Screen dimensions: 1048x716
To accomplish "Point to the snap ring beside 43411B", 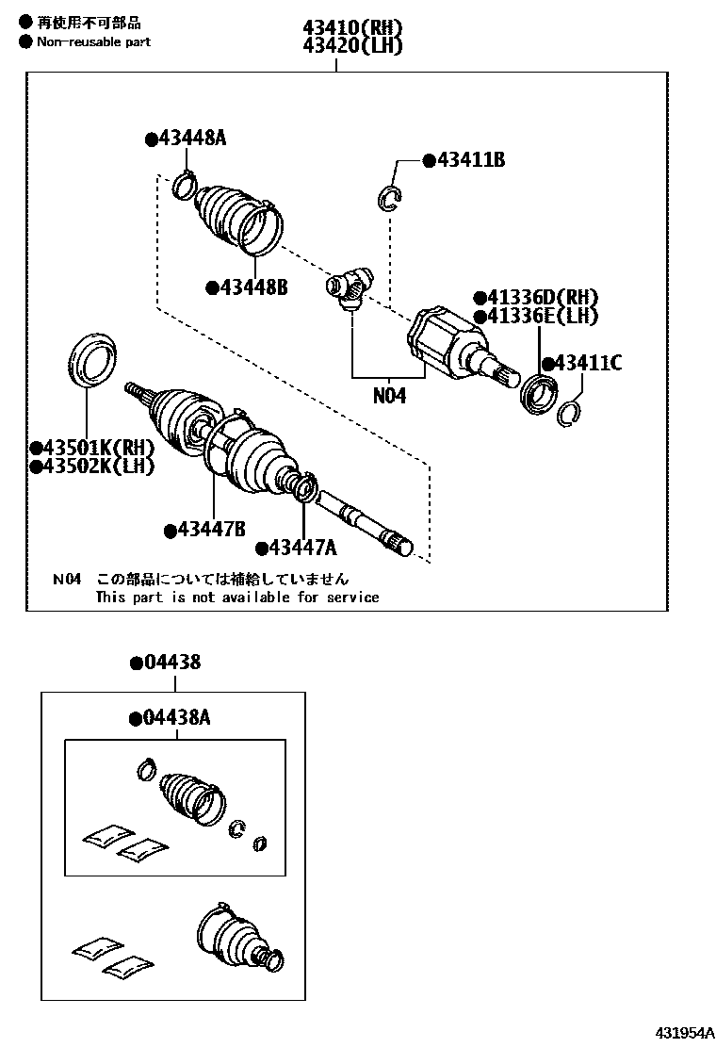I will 390,196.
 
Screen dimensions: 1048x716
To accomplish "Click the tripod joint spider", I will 350,286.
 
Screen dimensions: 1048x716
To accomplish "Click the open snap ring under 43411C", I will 569,414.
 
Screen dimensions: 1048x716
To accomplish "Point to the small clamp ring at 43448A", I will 185,186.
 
